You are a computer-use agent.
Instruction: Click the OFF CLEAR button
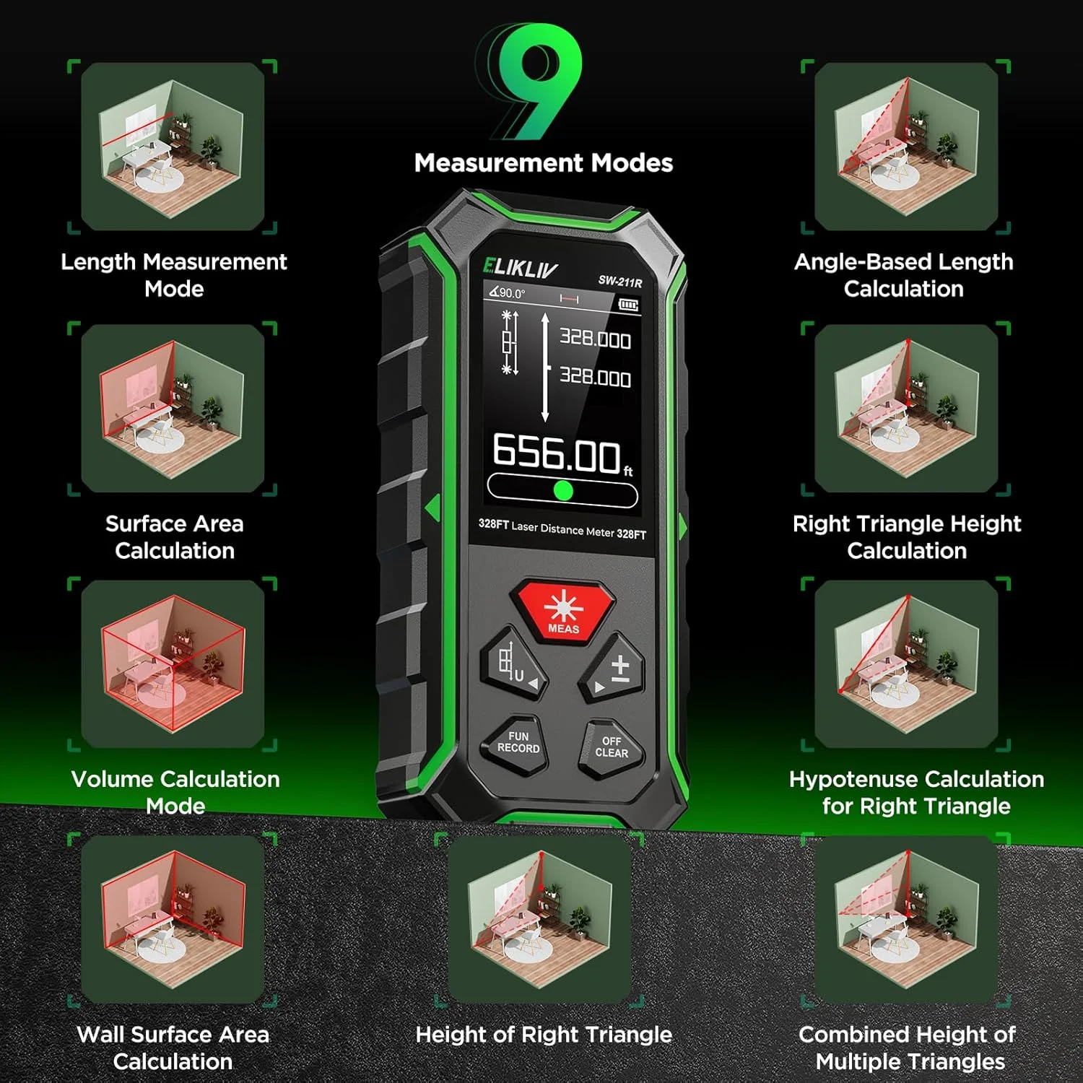pos(611,747)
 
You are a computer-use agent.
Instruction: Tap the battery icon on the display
pos(629,305)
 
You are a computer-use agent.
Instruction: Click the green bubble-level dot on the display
pos(563,491)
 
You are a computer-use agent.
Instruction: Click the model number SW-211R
pos(619,282)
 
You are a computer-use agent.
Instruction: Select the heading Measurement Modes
pos(544,163)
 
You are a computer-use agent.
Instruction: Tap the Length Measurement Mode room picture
pos(173,147)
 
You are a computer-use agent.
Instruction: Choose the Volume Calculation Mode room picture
pos(173,664)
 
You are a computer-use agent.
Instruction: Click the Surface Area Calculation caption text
pos(175,537)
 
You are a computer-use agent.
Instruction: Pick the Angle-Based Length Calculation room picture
pos(906,147)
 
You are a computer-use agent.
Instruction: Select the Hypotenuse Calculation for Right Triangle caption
pos(916,793)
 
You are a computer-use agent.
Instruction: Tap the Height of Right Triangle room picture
pos(540,919)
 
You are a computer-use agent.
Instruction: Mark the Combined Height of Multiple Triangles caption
pos(908,1048)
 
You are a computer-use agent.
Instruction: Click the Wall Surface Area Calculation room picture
pos(173,919)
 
